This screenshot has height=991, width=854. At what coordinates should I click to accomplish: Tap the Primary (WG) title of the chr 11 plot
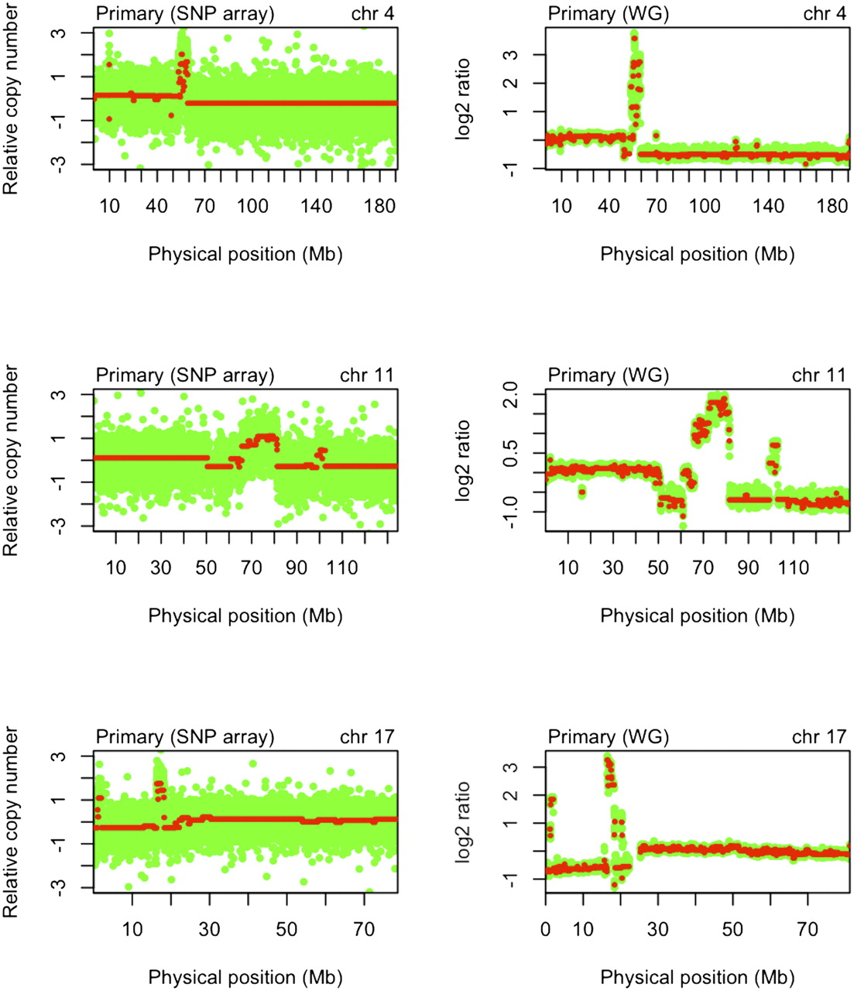(x=608, y=375)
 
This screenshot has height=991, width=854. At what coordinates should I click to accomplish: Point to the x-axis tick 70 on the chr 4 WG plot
(x=657, y=206)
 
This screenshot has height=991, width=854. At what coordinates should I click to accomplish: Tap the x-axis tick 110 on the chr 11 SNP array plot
(x=341, y=568)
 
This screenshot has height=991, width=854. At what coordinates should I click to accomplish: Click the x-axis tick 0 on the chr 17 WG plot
(x=546, y=928)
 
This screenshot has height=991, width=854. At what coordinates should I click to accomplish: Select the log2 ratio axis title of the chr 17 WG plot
(x=464, y=822)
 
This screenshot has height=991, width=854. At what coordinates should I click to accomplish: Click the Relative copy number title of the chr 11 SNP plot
(x=11, y=461)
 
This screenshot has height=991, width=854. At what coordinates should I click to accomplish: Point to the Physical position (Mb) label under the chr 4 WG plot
(x=697, y=254)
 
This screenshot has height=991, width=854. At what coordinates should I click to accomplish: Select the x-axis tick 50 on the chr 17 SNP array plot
(x=287, y=928)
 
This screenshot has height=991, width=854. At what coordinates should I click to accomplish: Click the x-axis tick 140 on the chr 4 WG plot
(x=769, y=206)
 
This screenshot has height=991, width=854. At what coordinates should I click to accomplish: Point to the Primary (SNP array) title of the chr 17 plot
(x=184, y=737)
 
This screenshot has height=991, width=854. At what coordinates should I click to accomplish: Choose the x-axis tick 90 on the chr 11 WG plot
(x=748, y=568)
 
